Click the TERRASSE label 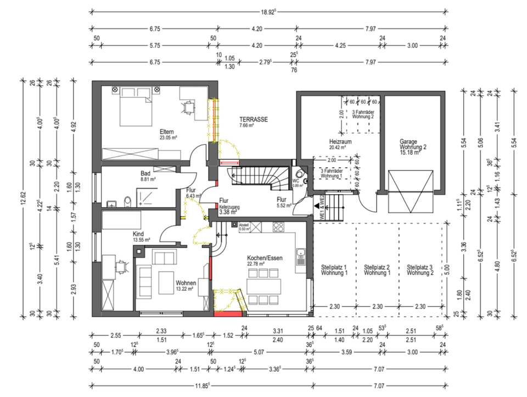pos(253,119)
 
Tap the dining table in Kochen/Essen pos(264,286)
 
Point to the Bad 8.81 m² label pos(148,175)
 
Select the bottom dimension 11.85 pos(201,385)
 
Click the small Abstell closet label pos(244,226)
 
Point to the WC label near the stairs pos(296,181)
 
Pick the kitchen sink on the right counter pos(300,253)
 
